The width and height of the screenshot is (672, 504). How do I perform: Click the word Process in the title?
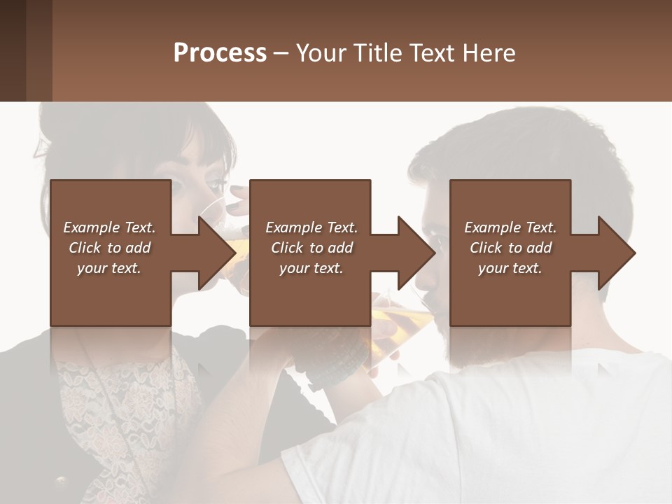click(220, 53)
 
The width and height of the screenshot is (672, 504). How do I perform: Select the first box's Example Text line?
click(109, 227)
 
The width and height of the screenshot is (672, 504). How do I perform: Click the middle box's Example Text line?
click(311, 227)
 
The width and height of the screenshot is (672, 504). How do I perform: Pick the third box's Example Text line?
click(510, 227)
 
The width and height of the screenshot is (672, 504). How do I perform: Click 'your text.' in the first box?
click(109, 268)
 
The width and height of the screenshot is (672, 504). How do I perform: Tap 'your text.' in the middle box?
click(311, 268)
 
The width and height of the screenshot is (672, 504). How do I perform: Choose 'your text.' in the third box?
click(510, 268)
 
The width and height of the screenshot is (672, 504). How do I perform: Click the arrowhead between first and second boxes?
click(217, 253)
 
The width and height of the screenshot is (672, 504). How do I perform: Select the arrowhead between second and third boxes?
click(416, 253)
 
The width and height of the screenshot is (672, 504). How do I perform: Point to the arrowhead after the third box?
click(616, 253)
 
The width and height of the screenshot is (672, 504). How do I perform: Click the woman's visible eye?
click(183, 188)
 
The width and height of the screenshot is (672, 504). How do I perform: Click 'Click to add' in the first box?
click(109, 248)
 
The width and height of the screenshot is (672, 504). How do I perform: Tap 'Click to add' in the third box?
click(510, 248)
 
